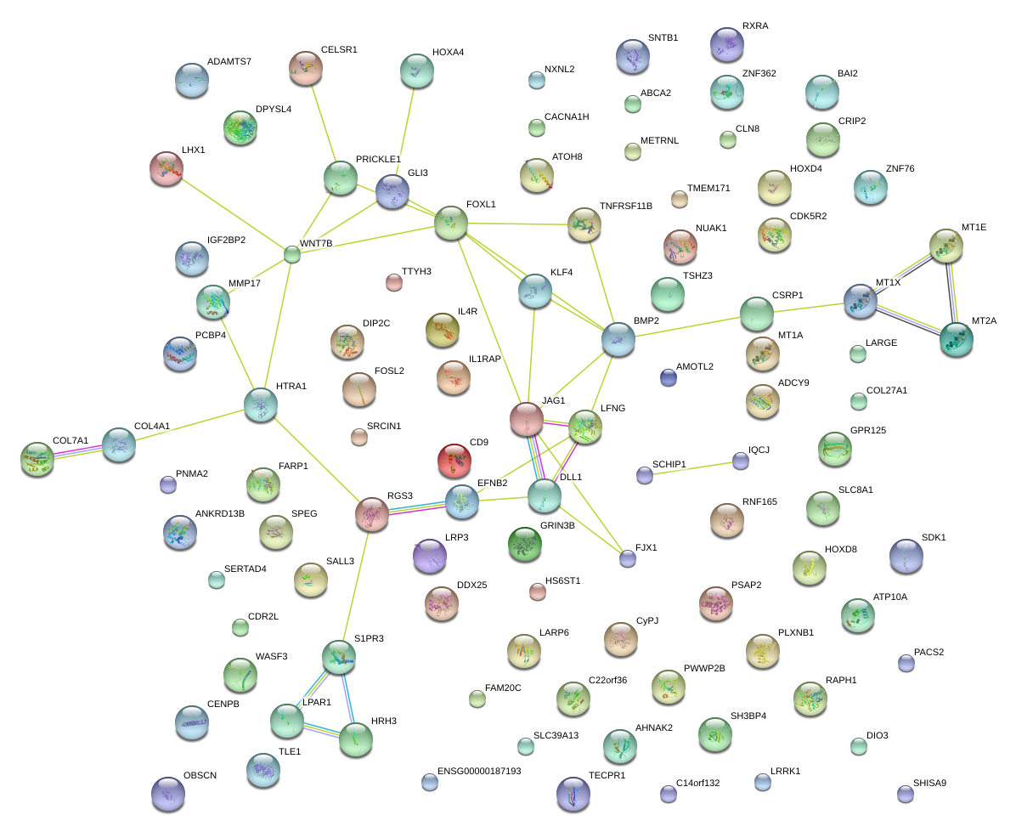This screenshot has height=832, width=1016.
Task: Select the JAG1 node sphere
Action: [526, 419]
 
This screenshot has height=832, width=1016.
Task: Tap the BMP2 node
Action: [618, 338]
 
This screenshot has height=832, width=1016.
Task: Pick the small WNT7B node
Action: [292, 253]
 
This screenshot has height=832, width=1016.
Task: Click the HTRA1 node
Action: [261, 405]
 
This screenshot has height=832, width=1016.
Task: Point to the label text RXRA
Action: [754, 26]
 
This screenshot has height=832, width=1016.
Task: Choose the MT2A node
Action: [957, 339]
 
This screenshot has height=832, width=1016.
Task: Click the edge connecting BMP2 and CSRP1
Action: [686, 326]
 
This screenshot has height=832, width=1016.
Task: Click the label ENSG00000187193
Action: [479, 772]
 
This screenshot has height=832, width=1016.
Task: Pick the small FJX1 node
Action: [627, 558]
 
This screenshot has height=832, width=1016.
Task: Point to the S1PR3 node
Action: [338, 655]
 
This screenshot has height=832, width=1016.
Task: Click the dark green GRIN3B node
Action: [524, 545]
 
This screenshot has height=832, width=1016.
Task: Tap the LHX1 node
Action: [166, 168]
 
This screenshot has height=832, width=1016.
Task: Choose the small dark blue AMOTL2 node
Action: [669, 377]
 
